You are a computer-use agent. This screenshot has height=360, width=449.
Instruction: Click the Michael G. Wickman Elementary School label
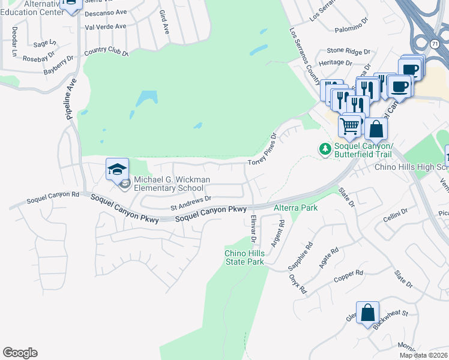pyautogui.click(x=169, y=183)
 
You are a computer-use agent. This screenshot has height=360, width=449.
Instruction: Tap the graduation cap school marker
pyautogui.click(x=118, y=169)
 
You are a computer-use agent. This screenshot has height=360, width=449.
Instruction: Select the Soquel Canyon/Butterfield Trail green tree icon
pyautogui.click(x=325, y=148)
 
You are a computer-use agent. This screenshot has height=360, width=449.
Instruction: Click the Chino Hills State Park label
pyautogui.click(x=244, y=257)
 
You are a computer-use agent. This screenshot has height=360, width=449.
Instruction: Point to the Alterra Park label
pyautogui.click(x=295, y=208)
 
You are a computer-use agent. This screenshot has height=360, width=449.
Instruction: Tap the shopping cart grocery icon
pyautogui.click(x=350, y=127)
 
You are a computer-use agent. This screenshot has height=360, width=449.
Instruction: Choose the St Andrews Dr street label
pyautogui.click(x=191, y=203)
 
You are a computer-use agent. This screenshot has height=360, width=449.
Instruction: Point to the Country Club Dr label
pyautogui.click(x=106, y=52)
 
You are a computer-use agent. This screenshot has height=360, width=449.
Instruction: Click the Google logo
pyautogui.click(x=20, y=353)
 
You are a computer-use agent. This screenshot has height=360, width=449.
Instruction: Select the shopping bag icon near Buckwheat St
pyautogui.click(x=367, y=313)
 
